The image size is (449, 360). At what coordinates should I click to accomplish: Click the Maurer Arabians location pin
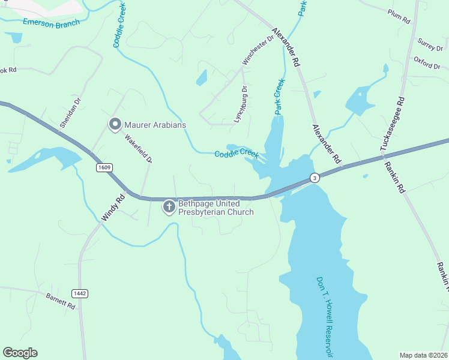pos(115,125)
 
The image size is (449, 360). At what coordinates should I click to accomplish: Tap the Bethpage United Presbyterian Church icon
pos(169,208)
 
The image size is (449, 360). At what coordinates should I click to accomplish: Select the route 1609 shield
pos(104,167)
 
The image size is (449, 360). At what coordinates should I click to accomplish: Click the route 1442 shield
pos(79,293)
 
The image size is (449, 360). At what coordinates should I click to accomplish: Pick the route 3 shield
pos(314,178)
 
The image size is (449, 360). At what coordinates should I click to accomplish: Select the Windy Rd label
pos(112,207)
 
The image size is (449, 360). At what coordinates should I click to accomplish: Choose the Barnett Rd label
pos(60,301)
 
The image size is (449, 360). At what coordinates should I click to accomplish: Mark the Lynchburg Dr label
pos(241,104)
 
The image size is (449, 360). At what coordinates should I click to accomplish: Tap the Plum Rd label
pos(399,16)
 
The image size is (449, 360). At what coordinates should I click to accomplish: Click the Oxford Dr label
pos(427,62)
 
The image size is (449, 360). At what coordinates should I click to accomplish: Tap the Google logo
pos(20,353)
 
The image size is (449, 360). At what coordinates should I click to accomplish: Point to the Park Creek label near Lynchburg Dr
pos(279,96)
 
